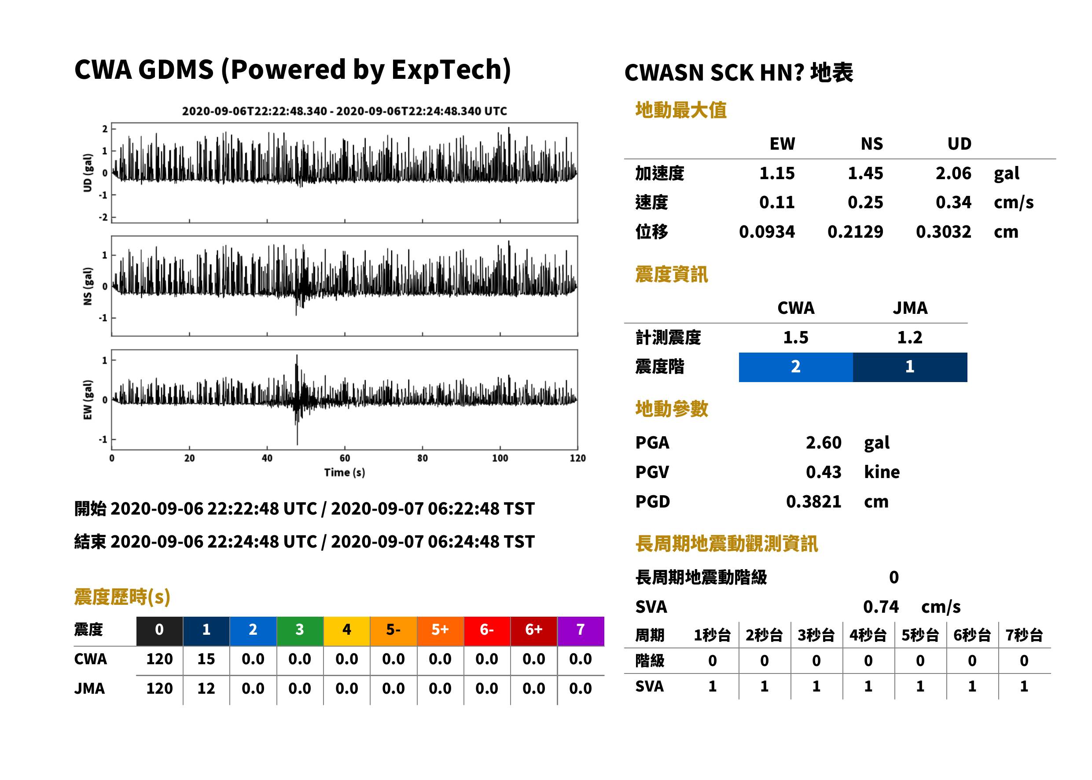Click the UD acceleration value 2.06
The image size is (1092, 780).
[x=953, y=173]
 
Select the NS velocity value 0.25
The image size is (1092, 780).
[x=865, y=202]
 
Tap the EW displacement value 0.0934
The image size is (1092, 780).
[x=766, y=232]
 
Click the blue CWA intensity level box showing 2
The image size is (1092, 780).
[x=796, y=367]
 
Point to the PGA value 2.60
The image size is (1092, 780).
[x=823, y=442]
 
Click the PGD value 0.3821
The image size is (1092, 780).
[x=813, y=501]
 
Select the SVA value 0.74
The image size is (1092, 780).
[x=881, y=607]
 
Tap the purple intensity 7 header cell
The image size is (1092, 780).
[x=581, y=631]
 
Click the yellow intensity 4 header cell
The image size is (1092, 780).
[x=347, y=631]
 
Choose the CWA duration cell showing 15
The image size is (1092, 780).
[x=206, y=659]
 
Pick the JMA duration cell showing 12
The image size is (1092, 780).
[x=206, y=688]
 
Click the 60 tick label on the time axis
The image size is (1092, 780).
[x=345, y=458]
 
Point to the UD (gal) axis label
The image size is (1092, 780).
[x=88, y=173]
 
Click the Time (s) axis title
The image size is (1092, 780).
[x=344, y=473]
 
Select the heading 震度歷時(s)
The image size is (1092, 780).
[x=122, y=597]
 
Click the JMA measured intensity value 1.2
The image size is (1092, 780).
[x=909, y=337]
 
